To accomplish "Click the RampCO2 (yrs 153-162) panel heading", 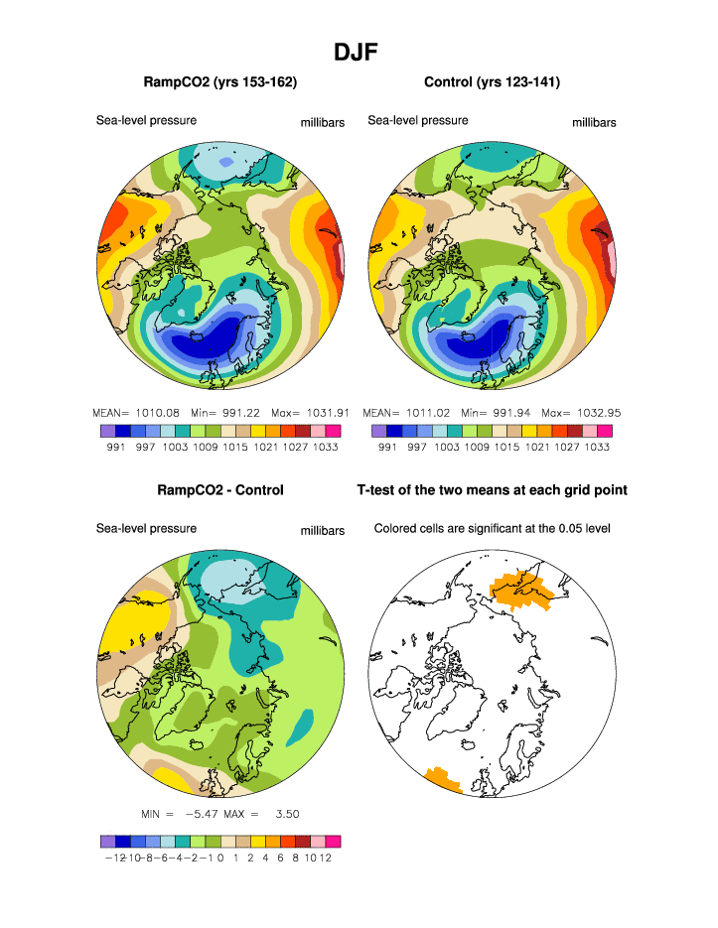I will [220, 82].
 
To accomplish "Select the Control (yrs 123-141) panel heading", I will [492, 82].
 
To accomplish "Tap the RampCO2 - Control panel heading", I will [220, 490].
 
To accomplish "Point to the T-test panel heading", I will [492, 490].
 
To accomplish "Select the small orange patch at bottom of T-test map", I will [442, 780].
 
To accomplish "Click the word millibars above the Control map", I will [594, 123].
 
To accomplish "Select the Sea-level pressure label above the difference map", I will [146, 529].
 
